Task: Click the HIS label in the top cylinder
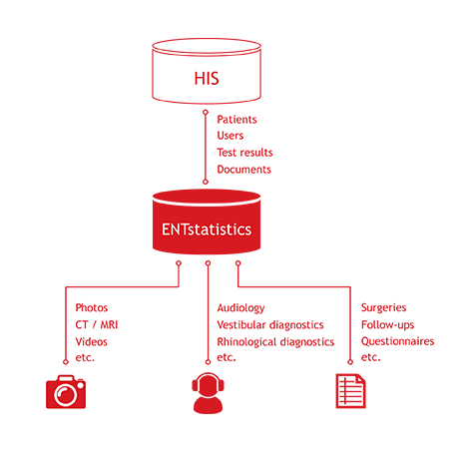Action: (x=207, y=79)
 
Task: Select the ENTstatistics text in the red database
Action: (x=207, y=229)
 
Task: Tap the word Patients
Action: (x=236, y=120)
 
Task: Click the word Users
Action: (x=231, y=136)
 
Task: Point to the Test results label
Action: (x=244, y=153)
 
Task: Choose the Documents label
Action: (x=244, y=170)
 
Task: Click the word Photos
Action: (x=92, y=307)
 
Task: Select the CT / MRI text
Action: (x=97, y=324)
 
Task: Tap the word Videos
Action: (x=92, y=341)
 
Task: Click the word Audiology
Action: (x=241, y=308)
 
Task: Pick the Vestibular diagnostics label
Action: (x=270, y=325)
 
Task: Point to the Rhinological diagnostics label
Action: (x=275, y=342)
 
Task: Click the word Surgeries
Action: (x=384, y=308)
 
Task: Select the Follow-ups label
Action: (x=388, y=325)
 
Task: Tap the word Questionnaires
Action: (x=398, y=341)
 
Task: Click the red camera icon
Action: (x=66, y=392)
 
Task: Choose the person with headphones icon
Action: (x=208, y=393)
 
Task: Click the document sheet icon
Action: (x=350, y=391)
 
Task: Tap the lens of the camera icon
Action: (x=65, y=395)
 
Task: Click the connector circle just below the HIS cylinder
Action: (x=206, y=113)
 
